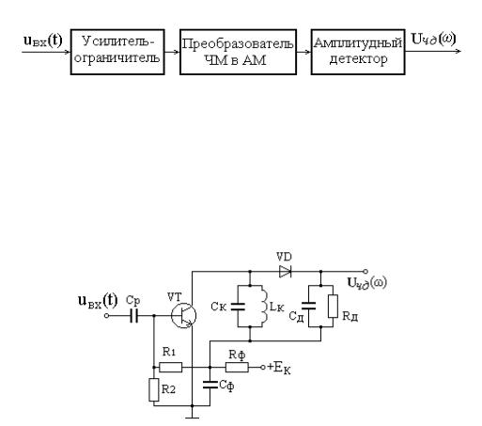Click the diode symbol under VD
click(286, 272)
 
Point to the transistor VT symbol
click(183, 316)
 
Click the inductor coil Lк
click(264, 307)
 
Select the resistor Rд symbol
click(333, 307)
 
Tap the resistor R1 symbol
click(171, 367)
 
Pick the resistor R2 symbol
click(154, 389)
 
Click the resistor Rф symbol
click(237, 367)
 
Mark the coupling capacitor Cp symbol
click(134, 316)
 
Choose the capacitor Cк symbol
click(238, 307)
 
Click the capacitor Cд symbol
click(308, 306)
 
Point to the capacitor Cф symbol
click(210, 385)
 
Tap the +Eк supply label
click(279, 368)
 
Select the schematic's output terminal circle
click(365, 272)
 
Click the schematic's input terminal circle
click(106, 316)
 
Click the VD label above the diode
click(284, 258)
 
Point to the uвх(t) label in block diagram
click(43, 40)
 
